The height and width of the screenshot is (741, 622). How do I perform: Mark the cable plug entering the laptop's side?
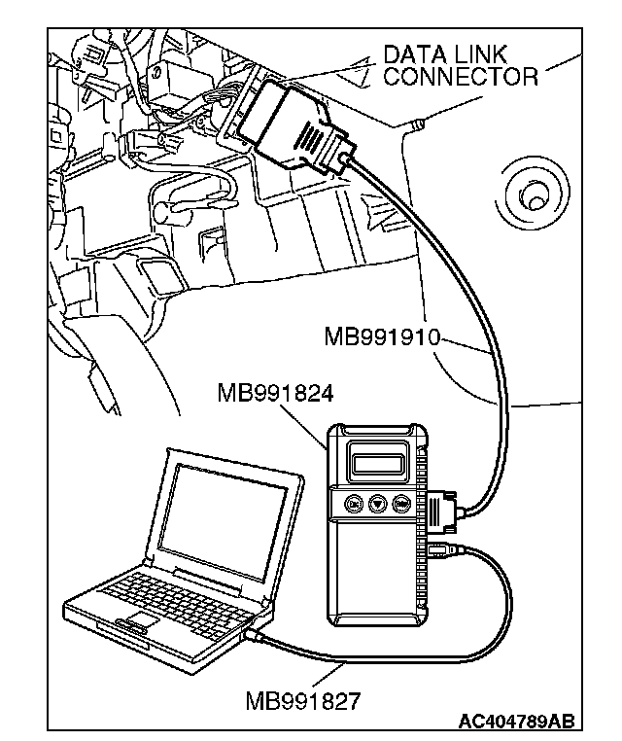pyautogui.click(x=252, y=633)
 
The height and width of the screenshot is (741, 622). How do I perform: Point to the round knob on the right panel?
pyautogui.click(x=534, y=196)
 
